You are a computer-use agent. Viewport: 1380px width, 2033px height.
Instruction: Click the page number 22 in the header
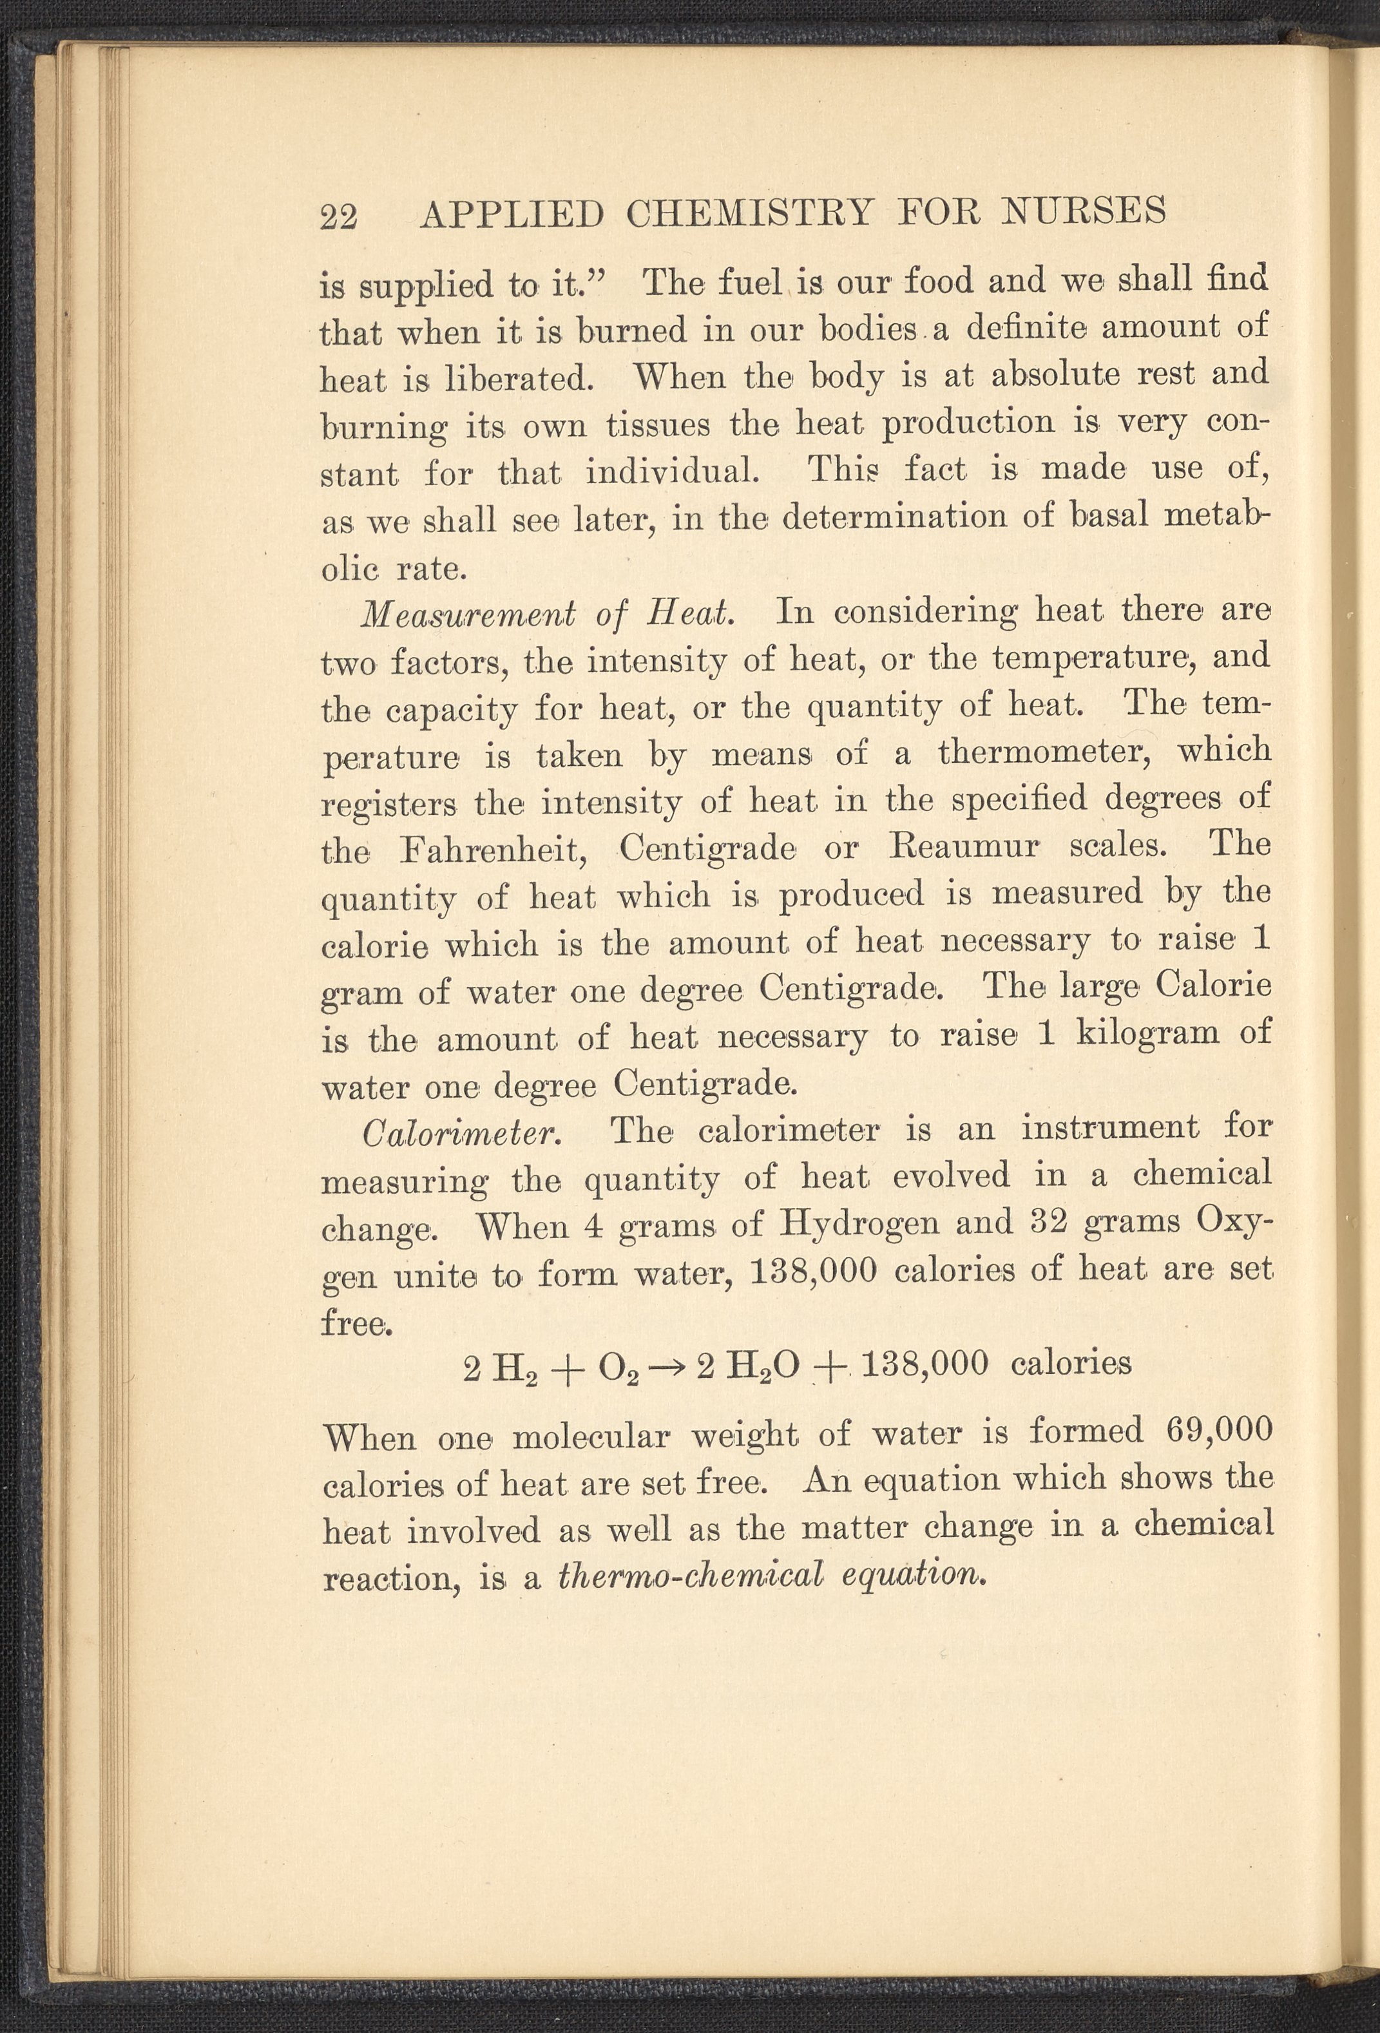340,216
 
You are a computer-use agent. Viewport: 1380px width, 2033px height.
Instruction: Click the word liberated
518,379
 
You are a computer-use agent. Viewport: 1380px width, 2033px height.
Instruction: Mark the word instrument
1109,1129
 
